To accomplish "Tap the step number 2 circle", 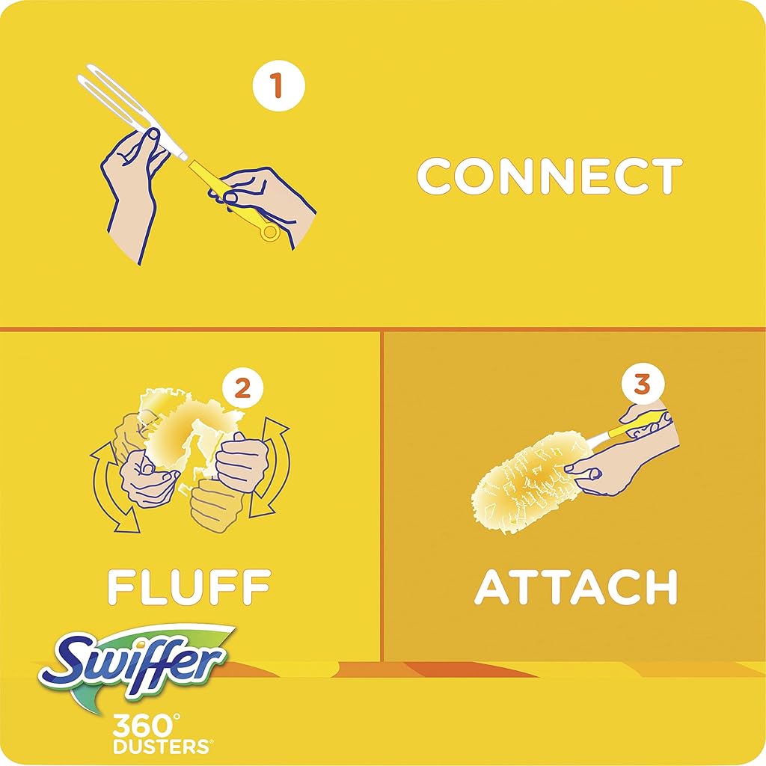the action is [243, 389].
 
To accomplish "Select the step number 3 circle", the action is [643, 384].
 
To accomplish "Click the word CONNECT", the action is [550, 176].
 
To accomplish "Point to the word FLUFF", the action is [189, 586].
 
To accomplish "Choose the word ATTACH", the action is [576, 586].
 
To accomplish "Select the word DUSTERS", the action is [162, 747].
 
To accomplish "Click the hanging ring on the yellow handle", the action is [269, 232].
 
